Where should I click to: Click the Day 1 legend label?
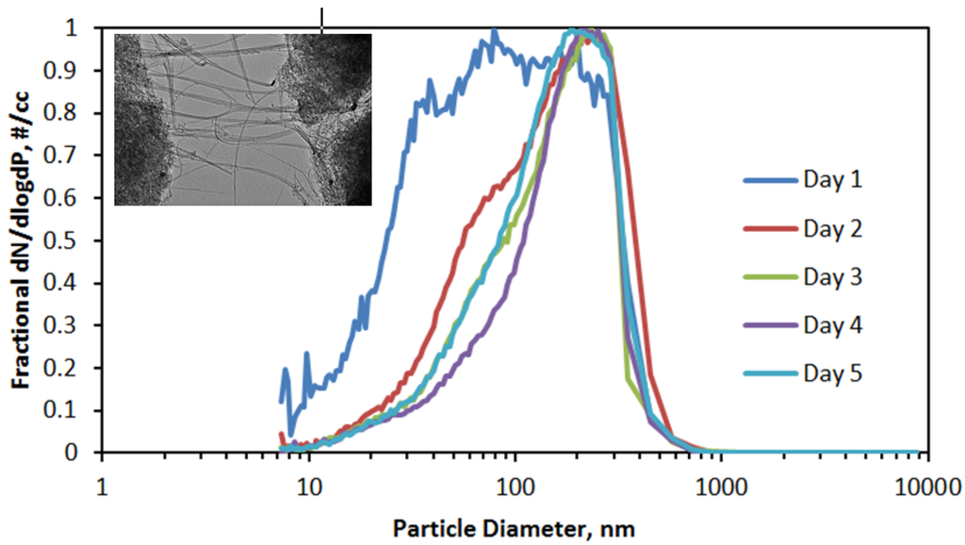[832, 179]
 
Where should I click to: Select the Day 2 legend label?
[832, 228]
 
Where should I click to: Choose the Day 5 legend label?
[832, 374]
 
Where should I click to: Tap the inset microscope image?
[242, 119]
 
